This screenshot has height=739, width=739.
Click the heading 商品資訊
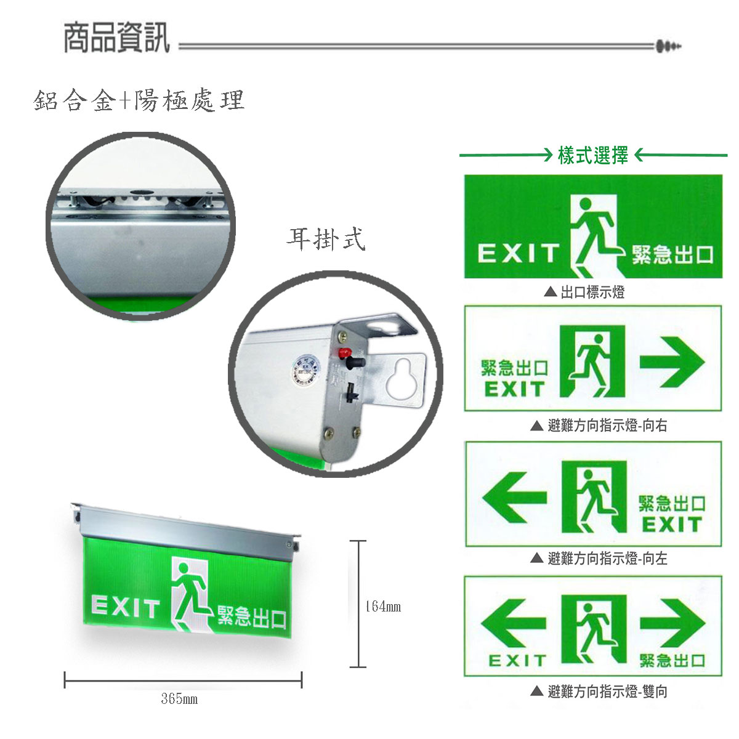116,38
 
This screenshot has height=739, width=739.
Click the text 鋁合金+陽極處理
139,100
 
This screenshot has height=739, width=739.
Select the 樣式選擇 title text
592,155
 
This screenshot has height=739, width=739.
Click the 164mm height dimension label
382,607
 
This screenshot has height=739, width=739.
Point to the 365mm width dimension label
179,699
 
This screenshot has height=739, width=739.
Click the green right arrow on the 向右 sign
671,362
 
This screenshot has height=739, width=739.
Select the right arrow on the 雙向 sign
671,623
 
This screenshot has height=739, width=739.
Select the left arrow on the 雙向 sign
513,623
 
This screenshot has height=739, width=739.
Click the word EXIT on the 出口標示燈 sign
517,253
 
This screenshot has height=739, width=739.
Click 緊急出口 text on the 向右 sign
514,368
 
